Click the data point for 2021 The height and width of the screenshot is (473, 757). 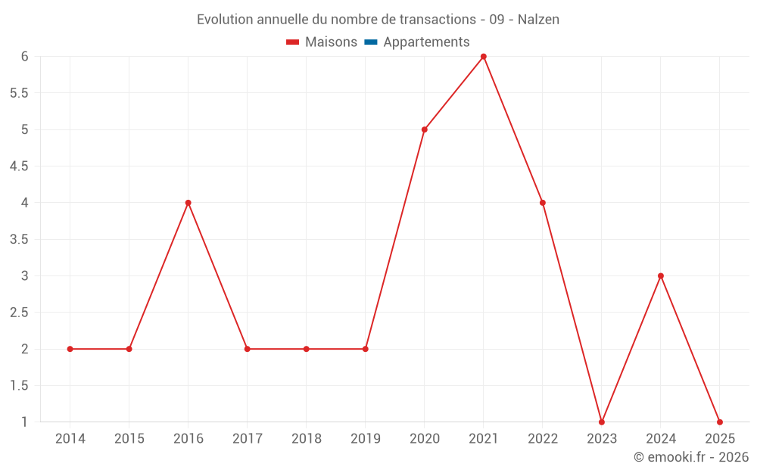tap(484, 57)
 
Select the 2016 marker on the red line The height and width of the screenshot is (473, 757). tap(188, 203)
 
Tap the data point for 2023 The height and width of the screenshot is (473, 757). tap(602, 422)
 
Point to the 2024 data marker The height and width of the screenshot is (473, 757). tap(661, 276)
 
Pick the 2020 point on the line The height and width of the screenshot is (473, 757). tap(425, 129)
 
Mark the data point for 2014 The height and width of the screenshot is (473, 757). tap(70, 349)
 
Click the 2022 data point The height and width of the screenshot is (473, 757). tap(543, 203)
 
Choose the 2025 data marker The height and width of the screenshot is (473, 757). tap(720, 422)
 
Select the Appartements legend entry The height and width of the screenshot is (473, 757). tap(426, 42)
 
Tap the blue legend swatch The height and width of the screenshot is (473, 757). tap(371, 42)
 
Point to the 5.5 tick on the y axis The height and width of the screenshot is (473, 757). tap(19, 93)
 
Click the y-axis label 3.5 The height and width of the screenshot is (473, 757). tap(19, 239)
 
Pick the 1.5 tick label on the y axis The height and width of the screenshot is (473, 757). tap(19, 386)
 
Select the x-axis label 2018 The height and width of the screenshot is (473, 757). tap(307, 439)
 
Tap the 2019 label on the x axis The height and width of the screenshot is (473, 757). tap(366, 439)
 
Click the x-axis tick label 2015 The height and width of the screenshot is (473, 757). tap(129, 439)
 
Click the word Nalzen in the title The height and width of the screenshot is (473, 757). tap(538, 20)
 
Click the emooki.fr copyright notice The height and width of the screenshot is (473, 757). tap(691, 457)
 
